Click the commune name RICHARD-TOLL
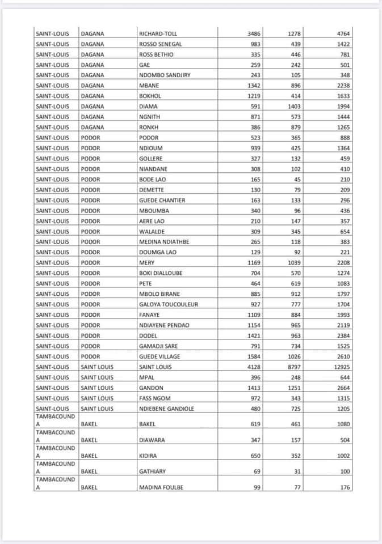tap(158, 34)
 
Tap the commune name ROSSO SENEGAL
tap(160, 44)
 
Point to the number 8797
tap(293, 367)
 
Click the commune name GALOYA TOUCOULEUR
tap(168, 304)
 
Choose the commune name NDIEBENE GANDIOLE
tap(166, 409)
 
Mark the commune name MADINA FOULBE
tap(161, 487)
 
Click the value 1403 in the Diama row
tap(293, 107)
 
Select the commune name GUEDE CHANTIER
tap(162, 200)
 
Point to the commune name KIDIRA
tap(148, 456)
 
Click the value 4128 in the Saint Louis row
tap(254, 367)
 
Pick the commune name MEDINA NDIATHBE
tap(165, 242)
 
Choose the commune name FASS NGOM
tap(154, 398)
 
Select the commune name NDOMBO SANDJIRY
tap(165, 75)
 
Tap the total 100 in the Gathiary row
tap(345, 471)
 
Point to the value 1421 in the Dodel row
tap(254, 335)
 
